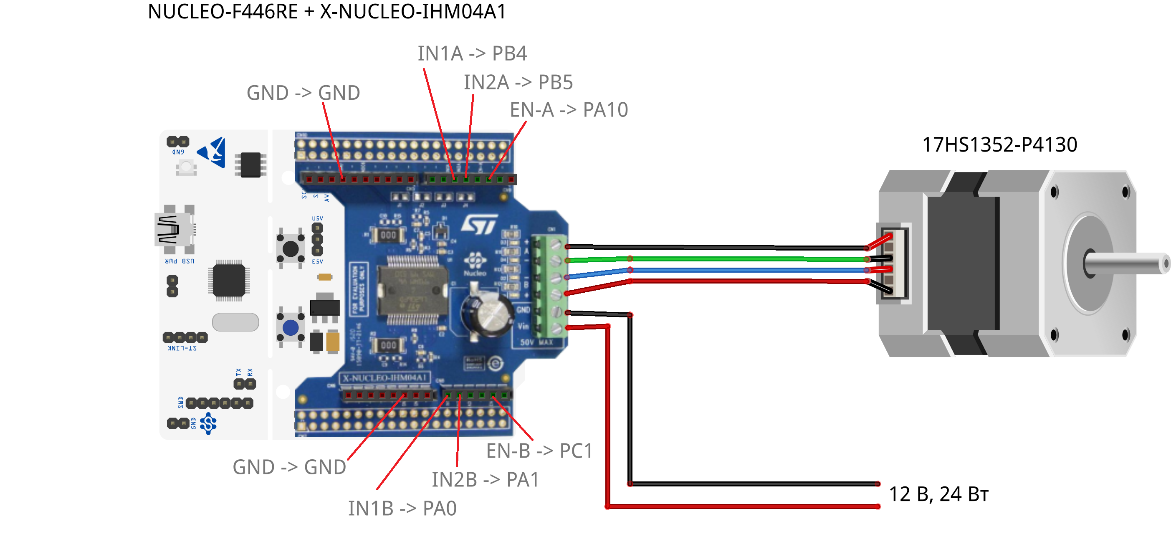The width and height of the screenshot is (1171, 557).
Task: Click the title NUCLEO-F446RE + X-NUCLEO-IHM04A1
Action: (x=326, y=12)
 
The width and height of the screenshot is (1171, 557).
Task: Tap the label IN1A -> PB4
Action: (x=472, y=53)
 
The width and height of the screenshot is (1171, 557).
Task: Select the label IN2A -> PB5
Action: (x=518, y=83)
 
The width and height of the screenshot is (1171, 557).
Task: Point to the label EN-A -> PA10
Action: (x=568, y=110)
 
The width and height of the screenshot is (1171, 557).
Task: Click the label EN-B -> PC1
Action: (x=539, y=451)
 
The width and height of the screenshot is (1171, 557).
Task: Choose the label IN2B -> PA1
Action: (x=485, y=480)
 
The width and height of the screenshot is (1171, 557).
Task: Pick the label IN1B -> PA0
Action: (x=402, y=508)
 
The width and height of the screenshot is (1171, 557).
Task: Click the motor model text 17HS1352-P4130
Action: (x=999, y=144)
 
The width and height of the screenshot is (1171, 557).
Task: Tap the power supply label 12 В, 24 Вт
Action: (x=938, y=494)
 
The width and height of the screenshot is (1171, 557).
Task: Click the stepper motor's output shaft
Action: (x=1127, y=263)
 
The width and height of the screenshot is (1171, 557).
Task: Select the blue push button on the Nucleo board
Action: (x=291, y=327)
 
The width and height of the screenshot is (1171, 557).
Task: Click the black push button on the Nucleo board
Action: (x=291, y=249)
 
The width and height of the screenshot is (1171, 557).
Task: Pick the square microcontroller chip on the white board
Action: (x=229, y=281)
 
